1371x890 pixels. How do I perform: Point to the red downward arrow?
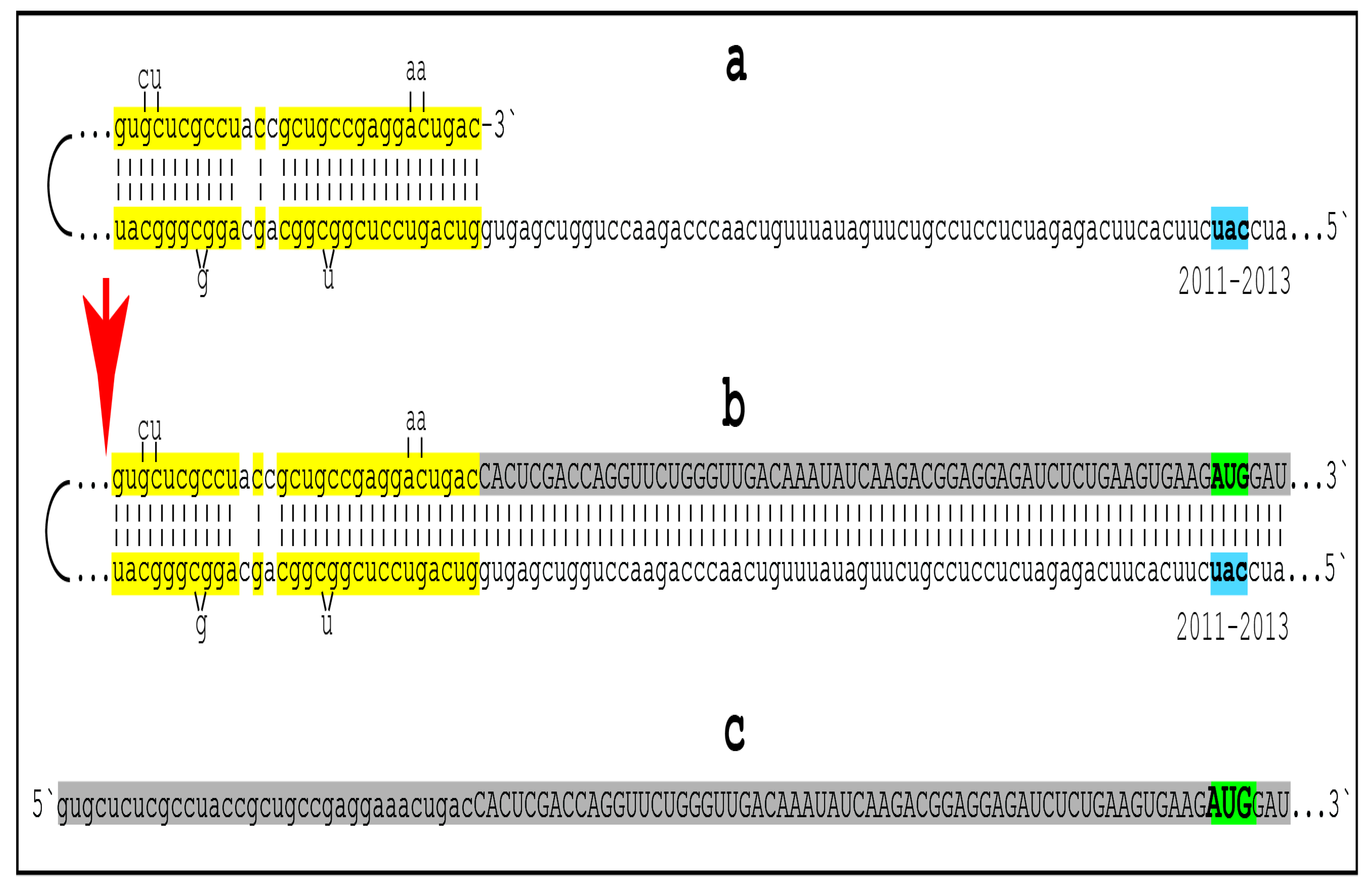(x=106, y=357)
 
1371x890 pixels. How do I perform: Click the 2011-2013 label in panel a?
(x=1234, y=281)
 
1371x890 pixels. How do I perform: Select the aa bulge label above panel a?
(x=416, y=70)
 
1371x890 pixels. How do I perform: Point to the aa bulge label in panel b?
(x=416, y=420)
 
